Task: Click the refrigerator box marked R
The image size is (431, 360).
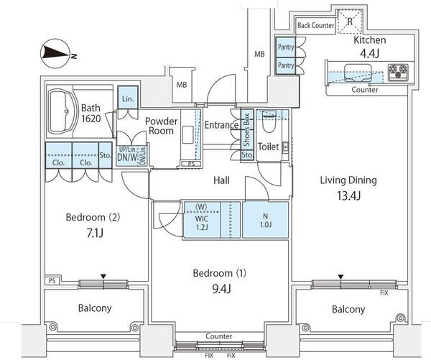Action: coord(350,22)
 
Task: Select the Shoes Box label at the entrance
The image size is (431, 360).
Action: coord(246,128)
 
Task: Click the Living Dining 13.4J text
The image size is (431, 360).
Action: coord(348,186)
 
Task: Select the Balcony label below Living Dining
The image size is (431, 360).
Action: coord(348,309)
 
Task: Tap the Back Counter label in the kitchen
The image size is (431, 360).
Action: coord(312,24)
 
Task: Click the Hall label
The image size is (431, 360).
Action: coord(221,180)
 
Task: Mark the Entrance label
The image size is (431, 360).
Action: coord(221,125)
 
